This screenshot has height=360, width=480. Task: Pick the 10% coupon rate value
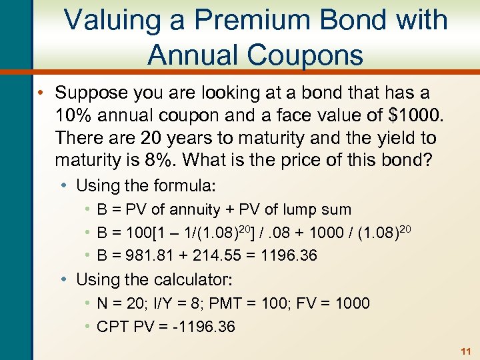click(73, 115)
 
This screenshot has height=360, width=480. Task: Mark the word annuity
click(196, 210)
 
